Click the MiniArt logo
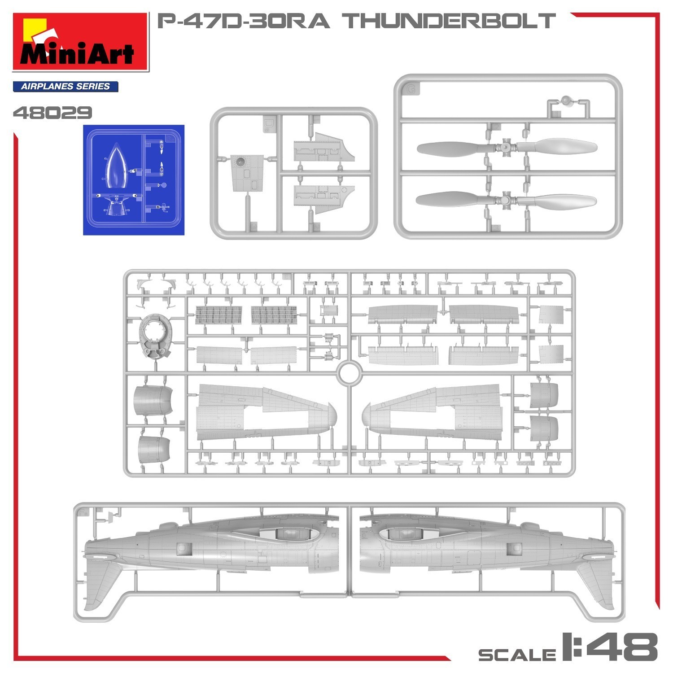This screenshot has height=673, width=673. [80, 42]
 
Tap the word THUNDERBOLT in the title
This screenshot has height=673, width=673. [450, 21]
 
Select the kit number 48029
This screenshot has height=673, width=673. [52, 113]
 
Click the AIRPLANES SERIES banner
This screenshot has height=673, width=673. [66, 87]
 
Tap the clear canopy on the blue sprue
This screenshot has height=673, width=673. [116, 166]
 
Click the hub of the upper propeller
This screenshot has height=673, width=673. [506, 147]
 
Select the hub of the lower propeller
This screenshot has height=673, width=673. [506, 200]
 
